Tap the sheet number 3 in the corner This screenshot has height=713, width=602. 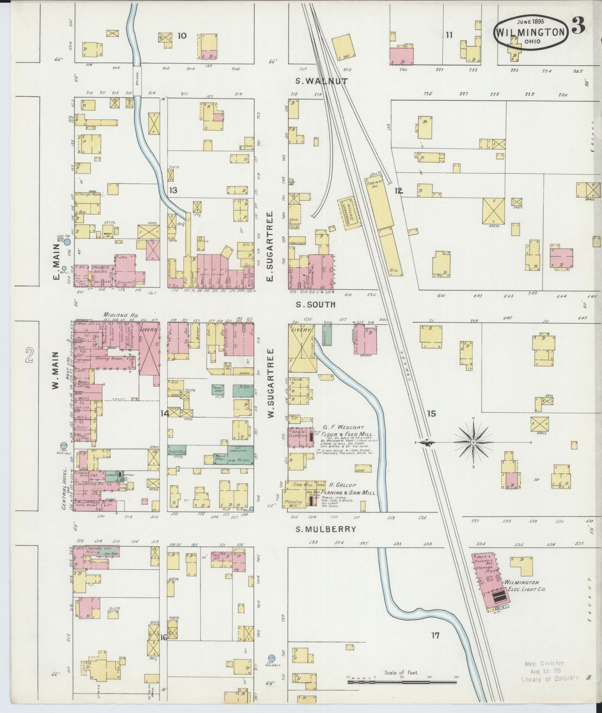578,26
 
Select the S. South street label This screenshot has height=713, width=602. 315,304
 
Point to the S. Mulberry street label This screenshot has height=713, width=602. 326,529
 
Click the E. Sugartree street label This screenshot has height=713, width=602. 270,246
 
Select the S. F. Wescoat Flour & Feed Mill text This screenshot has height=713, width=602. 348,431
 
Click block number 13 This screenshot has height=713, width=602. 173,191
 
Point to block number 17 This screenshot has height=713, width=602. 435,636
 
